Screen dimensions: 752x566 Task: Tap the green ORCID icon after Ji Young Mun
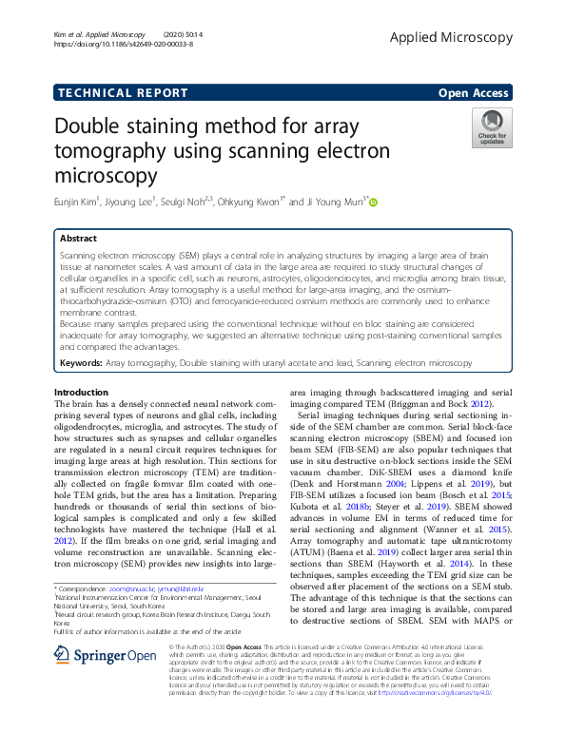pyautogui.click(x=374, y=202)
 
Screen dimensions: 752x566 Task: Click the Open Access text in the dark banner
pyautogui.click(x=473, y=92)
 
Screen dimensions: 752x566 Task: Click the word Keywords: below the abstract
pyautogui.click(x=81, y=362)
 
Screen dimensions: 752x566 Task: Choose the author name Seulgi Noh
pyautogui.click(x=182, y=202)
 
